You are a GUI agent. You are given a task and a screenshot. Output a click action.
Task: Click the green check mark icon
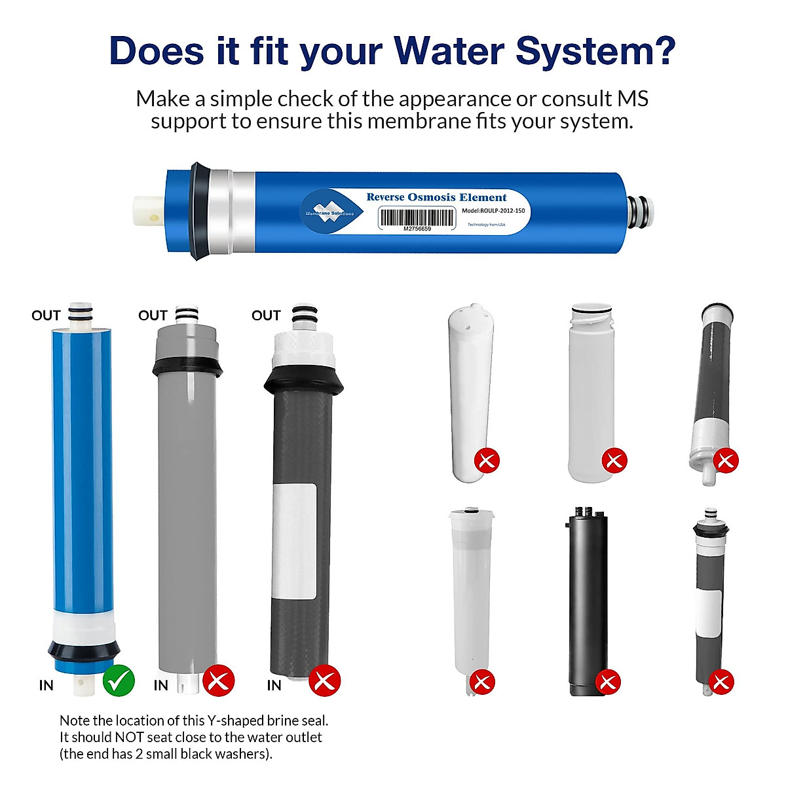pos(119,681)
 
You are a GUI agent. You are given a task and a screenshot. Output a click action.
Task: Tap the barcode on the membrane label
pos(417,217)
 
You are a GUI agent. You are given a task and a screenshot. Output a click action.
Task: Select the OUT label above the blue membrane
pos(46,316)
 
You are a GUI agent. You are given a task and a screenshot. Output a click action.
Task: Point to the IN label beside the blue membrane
pos(46,685)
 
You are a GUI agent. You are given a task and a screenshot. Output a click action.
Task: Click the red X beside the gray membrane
pos(218,681)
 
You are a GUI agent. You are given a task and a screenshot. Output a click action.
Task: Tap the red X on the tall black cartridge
pos(607,682)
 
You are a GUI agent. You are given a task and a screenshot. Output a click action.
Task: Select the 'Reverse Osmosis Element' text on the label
pos(436,197)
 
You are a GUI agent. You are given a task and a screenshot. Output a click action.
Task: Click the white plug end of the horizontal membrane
pos(149,214)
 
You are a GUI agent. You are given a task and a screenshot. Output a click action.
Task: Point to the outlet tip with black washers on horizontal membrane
pos(640,212)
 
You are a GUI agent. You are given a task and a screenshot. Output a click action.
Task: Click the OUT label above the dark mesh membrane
pos(266,316)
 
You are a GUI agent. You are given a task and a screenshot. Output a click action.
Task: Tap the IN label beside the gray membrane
pos(161,685)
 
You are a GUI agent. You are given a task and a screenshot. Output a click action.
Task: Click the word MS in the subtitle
pos(633,99)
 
